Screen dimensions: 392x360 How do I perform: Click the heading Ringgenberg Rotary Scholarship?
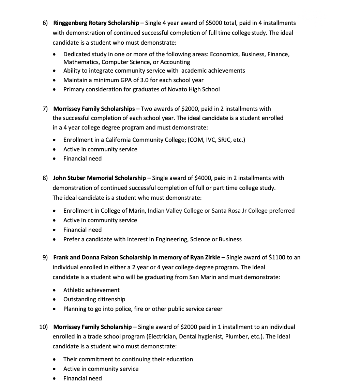coord(96,23)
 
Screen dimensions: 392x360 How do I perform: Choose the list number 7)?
coord(45,109)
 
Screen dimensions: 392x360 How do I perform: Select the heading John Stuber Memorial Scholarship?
coord(100,178)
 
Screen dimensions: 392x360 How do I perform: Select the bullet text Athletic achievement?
coord(91,290)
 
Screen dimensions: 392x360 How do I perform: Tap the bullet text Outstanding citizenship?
coord(94,299)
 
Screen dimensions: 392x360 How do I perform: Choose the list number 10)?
coord(44,327)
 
